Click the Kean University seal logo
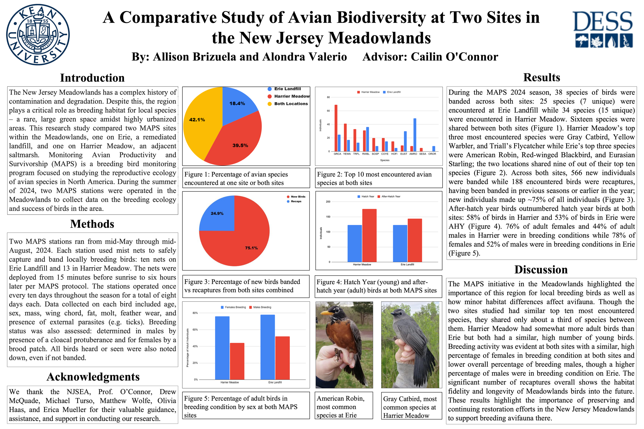pyautogui.click(x=38, y=35)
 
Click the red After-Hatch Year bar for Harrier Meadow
pyautogui.click(x=369, y=235)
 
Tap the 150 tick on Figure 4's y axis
pyautogui.click(x=328, y=217)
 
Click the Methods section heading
pyautogui.click(x=92, y=224)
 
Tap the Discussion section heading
pyautogui.click(x=541, y=270)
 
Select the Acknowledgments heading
pyautogui.click(x=93, y=377)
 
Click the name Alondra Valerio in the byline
pyautogui.click(x=304, y=57)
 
